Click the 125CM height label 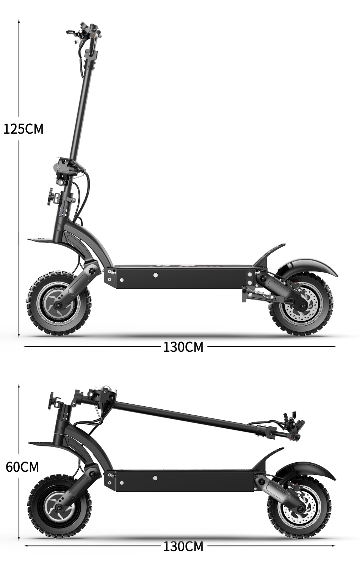pyautogui.click(x=23, y=129)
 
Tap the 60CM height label pyautogui.click(x=22, y=467)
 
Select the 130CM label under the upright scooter pyautogui.click(x=183, y=346)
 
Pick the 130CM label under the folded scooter pyautogui.click(x=183, y=546)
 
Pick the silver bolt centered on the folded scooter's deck pyautogui.click(x=155, y=478)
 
